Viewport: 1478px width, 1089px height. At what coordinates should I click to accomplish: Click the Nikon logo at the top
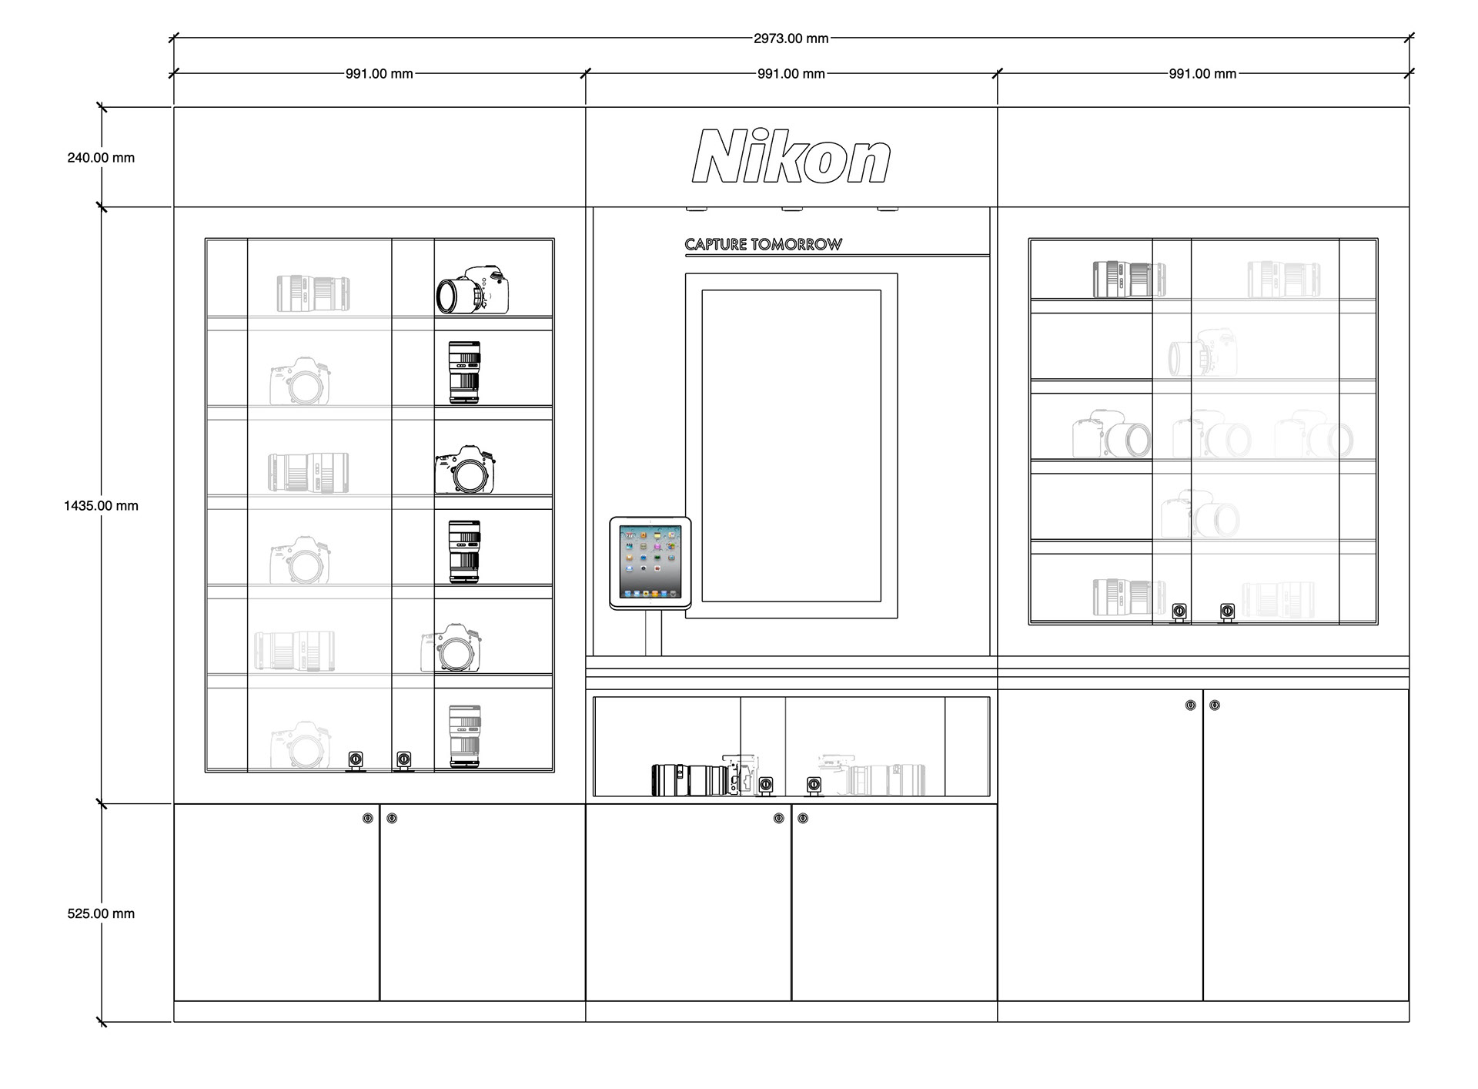point(791,156)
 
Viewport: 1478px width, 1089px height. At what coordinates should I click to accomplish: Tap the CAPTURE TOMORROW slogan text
point(764,244)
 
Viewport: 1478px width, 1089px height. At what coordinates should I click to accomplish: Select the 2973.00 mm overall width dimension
point(791,39)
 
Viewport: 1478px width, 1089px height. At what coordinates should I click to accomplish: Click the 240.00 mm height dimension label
point(101,158)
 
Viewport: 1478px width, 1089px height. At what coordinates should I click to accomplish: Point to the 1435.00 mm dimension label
point(101,506)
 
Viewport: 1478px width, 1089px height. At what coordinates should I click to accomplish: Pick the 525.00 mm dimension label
point(101,914)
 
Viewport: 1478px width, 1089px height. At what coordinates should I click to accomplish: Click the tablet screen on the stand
point(650,562)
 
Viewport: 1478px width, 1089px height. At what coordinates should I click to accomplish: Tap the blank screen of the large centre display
point(791,446)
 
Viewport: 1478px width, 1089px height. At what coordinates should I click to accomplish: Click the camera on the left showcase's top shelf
point(473,290)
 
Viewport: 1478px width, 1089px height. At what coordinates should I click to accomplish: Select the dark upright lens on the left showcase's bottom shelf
point(465,736)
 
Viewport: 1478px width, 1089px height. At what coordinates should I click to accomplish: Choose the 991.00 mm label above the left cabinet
point(380,74)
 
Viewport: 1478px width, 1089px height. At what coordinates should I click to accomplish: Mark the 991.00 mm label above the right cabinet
point(1202,74)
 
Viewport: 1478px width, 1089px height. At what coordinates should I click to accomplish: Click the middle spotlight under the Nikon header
point(792,208)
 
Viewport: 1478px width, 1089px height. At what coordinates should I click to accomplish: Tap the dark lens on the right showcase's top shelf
point(1129,279)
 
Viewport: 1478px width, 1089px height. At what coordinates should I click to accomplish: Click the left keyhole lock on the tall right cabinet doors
point(1190,705)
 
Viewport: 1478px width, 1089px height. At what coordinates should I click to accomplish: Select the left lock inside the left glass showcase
point(356,760)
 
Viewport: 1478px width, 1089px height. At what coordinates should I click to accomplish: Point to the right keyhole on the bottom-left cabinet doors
point(392,818)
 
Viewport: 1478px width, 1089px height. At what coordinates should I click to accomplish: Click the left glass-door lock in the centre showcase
point(766,785)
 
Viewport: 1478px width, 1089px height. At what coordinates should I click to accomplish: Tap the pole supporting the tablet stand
point(654,633)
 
